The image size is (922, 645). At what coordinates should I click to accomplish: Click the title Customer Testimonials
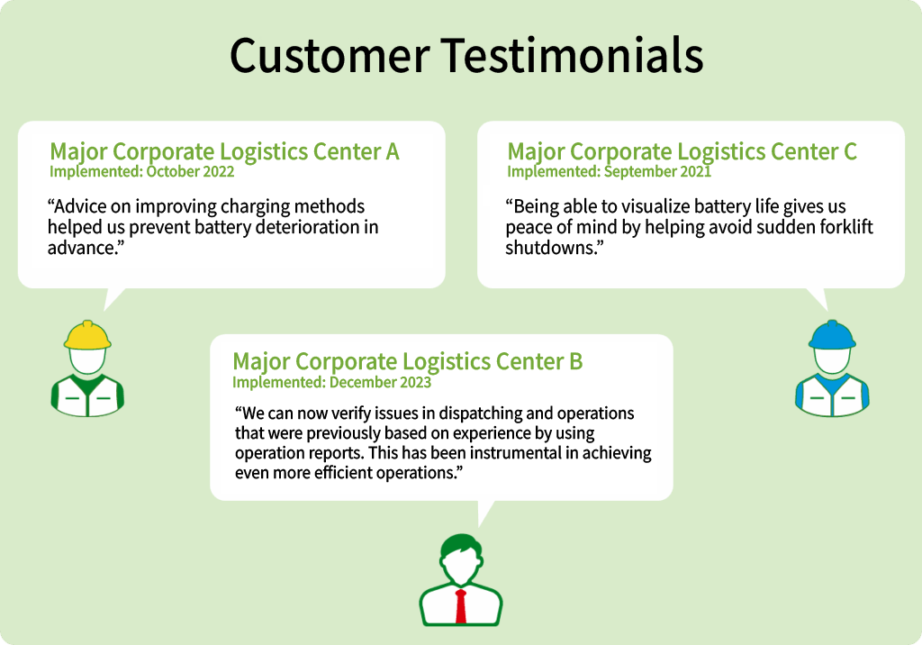(466, 55)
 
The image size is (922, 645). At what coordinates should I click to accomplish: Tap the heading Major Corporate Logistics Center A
(224, 151)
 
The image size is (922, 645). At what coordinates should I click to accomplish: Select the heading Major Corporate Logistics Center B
(408, 360)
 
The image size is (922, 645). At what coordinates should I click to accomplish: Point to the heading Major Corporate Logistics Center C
(682, 151)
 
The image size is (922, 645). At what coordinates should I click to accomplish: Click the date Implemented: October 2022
(141, 171)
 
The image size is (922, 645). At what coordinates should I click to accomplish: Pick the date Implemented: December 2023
(331, 382)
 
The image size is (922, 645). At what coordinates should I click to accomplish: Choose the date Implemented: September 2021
(610, 171)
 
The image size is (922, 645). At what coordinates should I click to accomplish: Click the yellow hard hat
(87, 335)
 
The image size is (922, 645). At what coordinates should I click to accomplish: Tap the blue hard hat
(832, 335)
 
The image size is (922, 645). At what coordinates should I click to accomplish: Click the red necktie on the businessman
(461, 606)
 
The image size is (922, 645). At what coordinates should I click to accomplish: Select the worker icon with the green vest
(87, 368)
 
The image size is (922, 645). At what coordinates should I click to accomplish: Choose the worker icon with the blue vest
(832, 368)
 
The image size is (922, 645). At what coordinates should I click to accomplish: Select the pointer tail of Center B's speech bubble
(485, 512)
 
